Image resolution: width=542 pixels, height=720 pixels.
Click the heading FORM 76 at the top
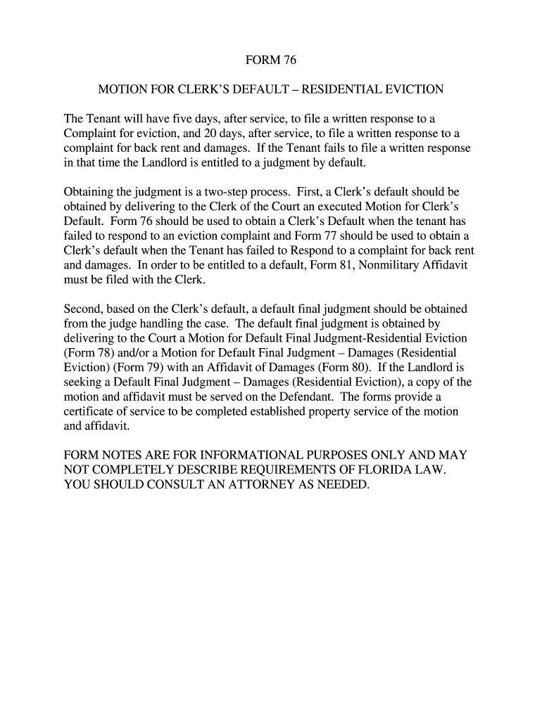point(271,61)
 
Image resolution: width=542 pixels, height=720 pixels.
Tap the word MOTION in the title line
point(120,90)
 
